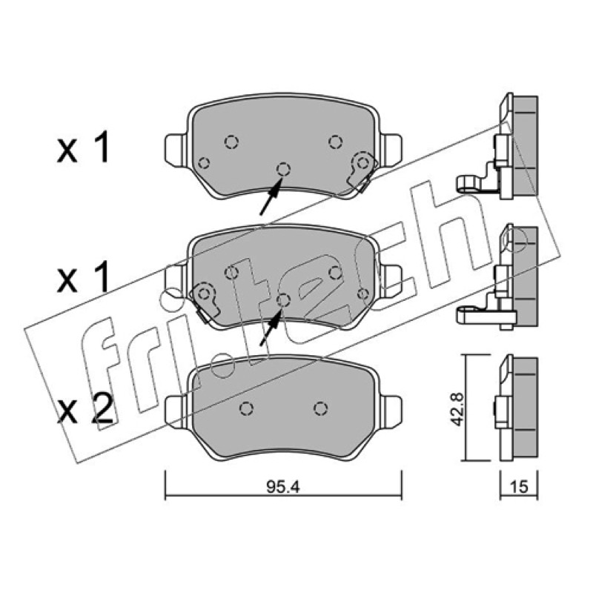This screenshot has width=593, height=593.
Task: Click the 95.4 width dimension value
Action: point(283,487)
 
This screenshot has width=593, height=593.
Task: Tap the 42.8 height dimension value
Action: point(459,410)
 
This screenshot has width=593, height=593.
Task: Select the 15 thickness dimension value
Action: point(519,487)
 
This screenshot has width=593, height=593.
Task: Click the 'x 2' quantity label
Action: point(86,408)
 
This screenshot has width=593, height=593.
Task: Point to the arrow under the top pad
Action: point(271,196)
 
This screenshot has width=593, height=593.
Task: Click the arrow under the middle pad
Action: point(271,328)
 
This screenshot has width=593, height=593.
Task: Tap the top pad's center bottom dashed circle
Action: point(283,169)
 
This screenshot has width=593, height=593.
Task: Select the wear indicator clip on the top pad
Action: point(362,170)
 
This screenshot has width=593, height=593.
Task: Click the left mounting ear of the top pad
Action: point(176,149)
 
